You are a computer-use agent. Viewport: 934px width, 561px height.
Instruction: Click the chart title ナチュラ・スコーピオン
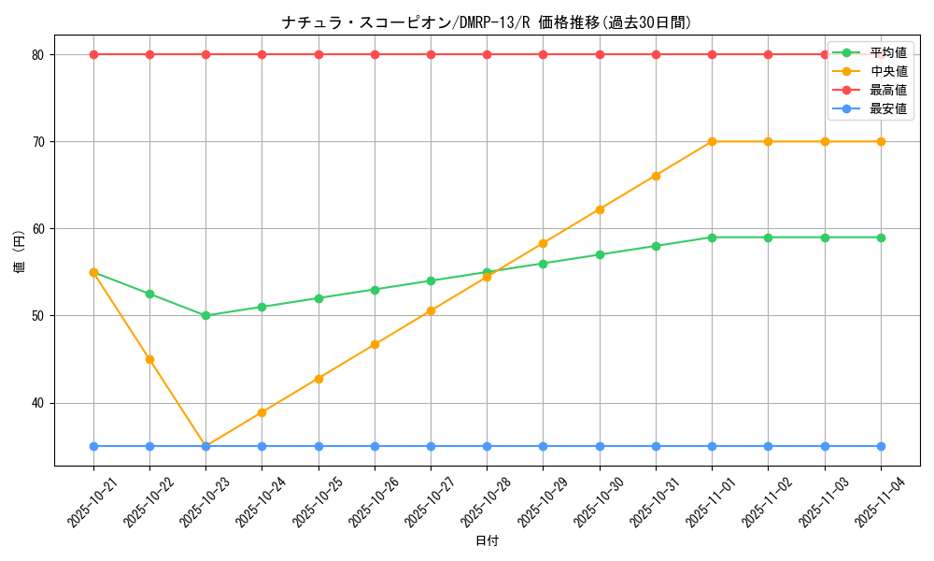click(487, 22)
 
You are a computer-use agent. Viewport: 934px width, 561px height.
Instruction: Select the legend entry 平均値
click(887, 52)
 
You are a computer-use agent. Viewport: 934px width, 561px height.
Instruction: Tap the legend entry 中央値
click(887, 71)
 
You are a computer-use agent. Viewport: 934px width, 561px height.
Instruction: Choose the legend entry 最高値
click(887, 90)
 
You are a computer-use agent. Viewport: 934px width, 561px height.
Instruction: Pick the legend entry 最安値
click(887, 108)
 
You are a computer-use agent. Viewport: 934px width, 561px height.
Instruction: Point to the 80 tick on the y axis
click(37, 54)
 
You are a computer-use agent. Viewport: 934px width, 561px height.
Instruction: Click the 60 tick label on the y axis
click(37, 229)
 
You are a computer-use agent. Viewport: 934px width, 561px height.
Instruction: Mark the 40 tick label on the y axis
click(37, 403)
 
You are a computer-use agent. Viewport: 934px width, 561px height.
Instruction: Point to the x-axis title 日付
click(487, 541)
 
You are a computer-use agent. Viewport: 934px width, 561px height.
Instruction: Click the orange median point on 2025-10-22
click(149, 359)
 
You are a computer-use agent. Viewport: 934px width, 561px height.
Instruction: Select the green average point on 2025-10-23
click(205, 316)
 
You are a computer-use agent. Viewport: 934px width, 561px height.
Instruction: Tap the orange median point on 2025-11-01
click(712, 141)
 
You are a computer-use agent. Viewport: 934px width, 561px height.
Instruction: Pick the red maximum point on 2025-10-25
click(318, 54)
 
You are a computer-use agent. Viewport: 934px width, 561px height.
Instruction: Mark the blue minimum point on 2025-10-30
click(600, 446)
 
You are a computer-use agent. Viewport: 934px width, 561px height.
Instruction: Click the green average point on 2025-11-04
click(881, 237)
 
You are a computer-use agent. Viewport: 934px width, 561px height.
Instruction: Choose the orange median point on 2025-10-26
click(375, 344)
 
